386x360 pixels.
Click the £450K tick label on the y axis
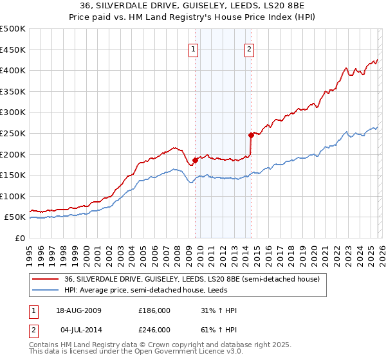pyautogui.click(x=13, y=50)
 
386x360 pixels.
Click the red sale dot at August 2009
pyautogui.click(x=196, y=159)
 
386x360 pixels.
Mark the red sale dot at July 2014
pyautogui.click(x=251, y=135)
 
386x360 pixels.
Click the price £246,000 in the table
pyautogui.click(x=154, y=329)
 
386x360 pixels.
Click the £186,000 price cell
pyautogui.click(x=154, y=310)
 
